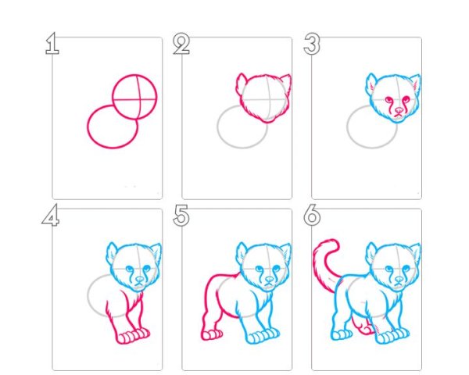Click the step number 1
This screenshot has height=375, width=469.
pos(52,44)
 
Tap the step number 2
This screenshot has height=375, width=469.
pos(181,44)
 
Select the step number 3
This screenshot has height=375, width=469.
pos(312,44)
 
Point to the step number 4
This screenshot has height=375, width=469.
pos(51,215)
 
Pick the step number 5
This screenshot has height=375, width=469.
pos(181,216)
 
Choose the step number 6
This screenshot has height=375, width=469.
pos(312,216)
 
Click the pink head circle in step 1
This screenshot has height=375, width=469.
pos(113,96)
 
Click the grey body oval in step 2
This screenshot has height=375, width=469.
pos(218,127)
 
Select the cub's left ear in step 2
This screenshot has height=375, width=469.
pos(240,81)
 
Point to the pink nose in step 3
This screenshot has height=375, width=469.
pos(399,110)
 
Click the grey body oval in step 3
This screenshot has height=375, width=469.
pos(348,127)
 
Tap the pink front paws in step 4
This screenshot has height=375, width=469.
pos(133,336)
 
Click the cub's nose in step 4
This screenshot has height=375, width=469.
pos(139,280)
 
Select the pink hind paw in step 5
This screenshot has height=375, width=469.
pos(212,334)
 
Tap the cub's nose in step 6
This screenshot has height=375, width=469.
pos(399,280)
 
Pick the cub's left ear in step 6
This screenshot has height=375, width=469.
pos(371,252)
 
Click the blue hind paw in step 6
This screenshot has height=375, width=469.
pos(342,334)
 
